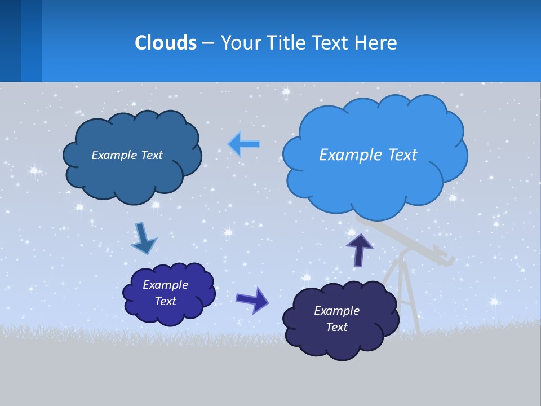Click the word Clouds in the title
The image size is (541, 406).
[x=166, y=42]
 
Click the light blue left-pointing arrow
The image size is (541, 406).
[x=244, y=144]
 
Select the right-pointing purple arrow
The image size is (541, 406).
[x=252, y=299]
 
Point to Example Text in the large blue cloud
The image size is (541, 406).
[x=368, y=155]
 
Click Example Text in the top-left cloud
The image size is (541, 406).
[x=127, y=155]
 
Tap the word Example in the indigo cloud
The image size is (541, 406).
[x=165, y=285]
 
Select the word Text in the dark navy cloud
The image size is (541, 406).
[x=336, y=327]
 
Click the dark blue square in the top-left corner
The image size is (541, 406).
[x=10, y=41]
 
